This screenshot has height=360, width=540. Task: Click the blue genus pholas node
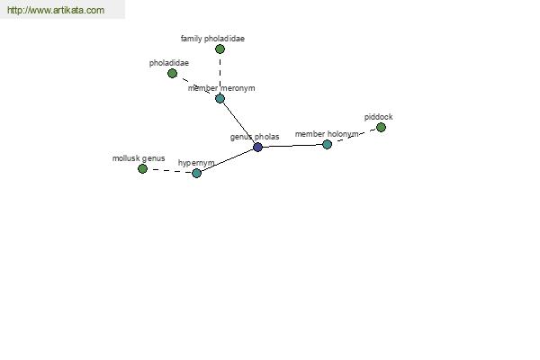[257, 147]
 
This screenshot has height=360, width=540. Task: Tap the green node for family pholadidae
[220, 49]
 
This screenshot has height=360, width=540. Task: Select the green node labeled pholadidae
[172, 73]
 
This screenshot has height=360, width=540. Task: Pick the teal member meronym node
[220, 98]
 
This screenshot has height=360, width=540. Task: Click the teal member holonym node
[327, 144]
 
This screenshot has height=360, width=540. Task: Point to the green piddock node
[381, 127]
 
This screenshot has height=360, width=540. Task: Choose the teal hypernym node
[196, 173]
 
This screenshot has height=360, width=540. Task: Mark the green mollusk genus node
[142, 168]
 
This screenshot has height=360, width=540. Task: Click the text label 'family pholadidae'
[212, 39]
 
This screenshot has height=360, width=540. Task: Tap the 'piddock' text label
[378, 117]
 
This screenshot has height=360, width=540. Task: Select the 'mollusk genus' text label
[139, 158]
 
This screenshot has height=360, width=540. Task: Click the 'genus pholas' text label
[255, 137]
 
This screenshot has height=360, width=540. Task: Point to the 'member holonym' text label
[327, 134]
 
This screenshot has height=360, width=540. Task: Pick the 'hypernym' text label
[196, 163]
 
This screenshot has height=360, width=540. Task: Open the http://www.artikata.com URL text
[55, 11]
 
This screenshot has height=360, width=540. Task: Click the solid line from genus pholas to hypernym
[227, 160]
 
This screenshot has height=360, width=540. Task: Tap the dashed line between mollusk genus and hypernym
[169, 170]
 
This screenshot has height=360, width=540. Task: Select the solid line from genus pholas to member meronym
[238, 122]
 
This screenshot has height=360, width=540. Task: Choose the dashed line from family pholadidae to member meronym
[220, 72]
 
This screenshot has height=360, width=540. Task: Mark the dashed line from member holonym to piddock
[354, 136]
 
